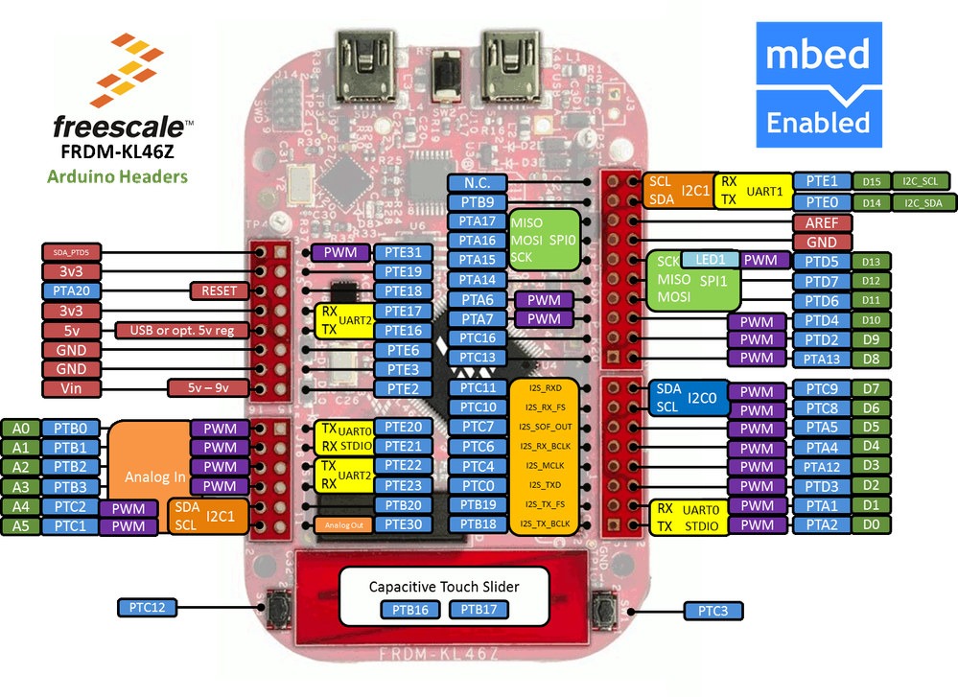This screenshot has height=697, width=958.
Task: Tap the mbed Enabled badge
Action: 818,86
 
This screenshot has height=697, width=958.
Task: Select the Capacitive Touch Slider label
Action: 444,585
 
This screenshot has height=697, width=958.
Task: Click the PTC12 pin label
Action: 147,607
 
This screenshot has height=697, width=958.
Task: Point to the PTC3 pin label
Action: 713,611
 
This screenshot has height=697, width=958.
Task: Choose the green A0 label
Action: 20,428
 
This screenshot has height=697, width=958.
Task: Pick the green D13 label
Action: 870,262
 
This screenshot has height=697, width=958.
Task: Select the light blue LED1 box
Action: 711,260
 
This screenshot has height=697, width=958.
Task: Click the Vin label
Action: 71,388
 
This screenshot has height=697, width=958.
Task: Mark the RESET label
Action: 220,290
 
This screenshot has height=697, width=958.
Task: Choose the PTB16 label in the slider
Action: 410,609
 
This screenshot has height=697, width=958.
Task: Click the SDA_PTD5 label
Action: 71,252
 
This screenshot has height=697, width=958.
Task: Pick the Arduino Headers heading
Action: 117,176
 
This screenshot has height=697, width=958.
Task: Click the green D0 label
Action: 870,524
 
